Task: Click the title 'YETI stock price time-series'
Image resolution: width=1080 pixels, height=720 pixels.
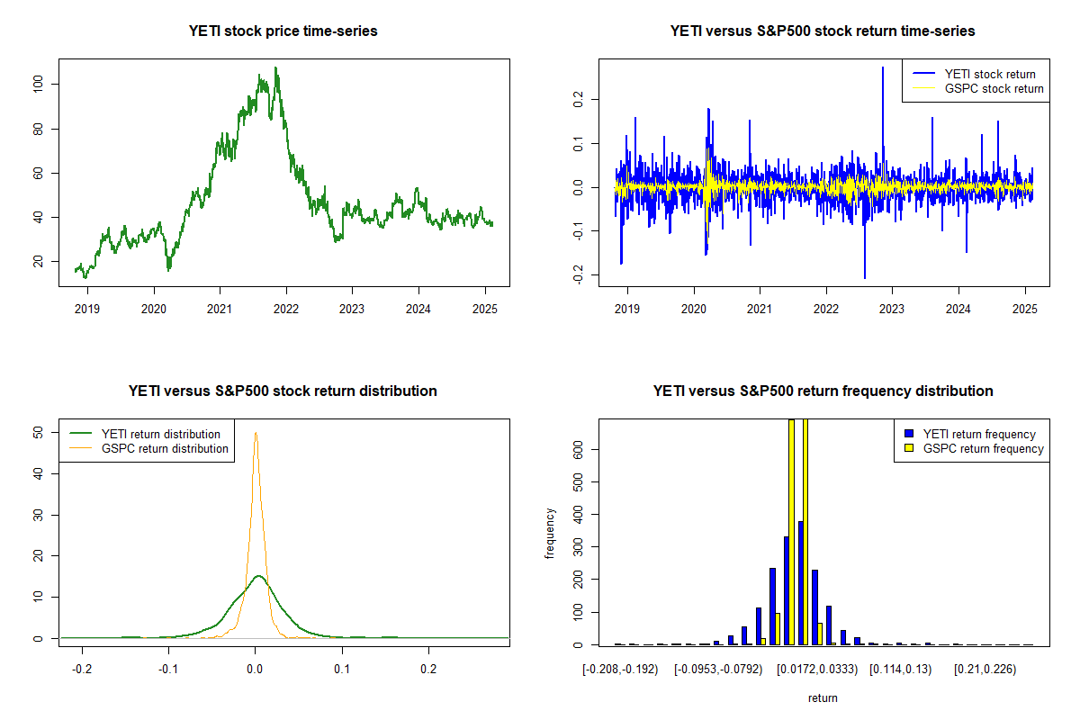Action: pos(283,31)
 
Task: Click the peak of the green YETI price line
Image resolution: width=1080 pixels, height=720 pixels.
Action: pos(276,67)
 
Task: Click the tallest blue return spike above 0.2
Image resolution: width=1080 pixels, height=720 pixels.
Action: pos(883,67)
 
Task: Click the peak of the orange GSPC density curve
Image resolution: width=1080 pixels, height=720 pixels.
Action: pos(256,433)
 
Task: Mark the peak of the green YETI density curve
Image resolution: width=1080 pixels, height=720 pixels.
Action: pos(258,576)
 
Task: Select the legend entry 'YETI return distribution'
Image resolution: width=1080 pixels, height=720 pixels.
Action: pos(161,434)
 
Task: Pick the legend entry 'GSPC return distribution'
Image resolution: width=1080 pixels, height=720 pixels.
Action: pos(165,448)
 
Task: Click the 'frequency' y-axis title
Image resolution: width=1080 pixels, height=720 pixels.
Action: pos(551,534)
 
